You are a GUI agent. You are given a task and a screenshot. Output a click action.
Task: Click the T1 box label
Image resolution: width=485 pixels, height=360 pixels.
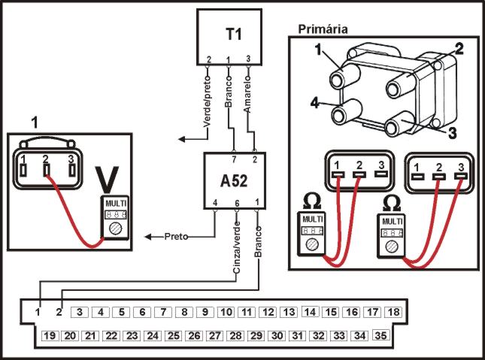[x=234, y=34]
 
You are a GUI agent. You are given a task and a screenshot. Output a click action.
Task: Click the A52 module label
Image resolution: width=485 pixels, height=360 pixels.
[x=234, y=181]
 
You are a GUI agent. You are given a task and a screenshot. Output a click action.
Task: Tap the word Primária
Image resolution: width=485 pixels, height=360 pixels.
[x=323, y=29]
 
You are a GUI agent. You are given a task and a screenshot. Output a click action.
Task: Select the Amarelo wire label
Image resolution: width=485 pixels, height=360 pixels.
[x=247, y=94]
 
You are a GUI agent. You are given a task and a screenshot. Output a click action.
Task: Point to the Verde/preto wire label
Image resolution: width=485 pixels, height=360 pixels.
[x=207, y=102]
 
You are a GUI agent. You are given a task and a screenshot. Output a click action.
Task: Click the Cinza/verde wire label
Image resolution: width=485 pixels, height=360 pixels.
[x=237, y=247]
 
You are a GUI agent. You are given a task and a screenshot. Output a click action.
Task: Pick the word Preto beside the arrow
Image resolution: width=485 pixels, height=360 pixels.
[x=176, y=237]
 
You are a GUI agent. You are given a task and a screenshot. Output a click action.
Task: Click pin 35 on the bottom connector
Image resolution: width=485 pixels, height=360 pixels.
[x=380, y=335]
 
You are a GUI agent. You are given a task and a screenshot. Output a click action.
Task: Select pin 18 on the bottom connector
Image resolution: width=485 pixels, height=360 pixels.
[x=393, y=312]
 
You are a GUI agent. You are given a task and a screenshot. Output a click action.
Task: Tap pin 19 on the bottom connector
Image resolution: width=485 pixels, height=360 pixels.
[x=50, y=335]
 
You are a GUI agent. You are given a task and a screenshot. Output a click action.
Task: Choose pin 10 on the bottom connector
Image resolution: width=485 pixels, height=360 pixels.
[x=226, y=312]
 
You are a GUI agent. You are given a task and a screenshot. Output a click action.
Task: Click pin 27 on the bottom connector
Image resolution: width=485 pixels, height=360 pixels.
[x=214, y=335]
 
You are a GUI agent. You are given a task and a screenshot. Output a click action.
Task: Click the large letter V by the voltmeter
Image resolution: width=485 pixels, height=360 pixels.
[x=107, y=180]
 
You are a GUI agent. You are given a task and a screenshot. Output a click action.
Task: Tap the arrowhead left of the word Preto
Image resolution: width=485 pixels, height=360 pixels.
[x=148, y=237]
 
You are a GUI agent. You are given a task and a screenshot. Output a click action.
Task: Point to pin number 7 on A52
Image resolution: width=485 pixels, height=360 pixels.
[x=234, y=159]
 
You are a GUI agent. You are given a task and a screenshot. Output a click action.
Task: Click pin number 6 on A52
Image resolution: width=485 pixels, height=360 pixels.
[x=237, y=203]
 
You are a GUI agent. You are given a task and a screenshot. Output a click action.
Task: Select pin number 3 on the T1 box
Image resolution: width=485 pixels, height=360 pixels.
[x=248, y=59]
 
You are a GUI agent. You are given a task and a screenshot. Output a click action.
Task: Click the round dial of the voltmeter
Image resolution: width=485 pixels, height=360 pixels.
[x=115, y=228]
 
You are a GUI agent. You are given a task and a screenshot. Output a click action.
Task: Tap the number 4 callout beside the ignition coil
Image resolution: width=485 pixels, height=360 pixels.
[x=314, y=102]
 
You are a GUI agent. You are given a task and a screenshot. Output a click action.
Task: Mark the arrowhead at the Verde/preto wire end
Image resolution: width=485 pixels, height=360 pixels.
[x=182, y=139]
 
